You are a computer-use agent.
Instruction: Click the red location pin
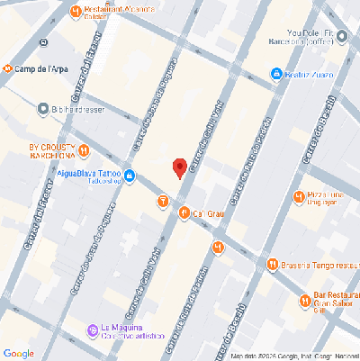[179, 167]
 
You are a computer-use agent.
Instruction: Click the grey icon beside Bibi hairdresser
[43, 109]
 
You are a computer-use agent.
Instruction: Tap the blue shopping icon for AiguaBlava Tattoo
[130, 175]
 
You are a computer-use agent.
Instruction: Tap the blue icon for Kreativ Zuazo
[277, 74]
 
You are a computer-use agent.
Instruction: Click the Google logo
[18, 352]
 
